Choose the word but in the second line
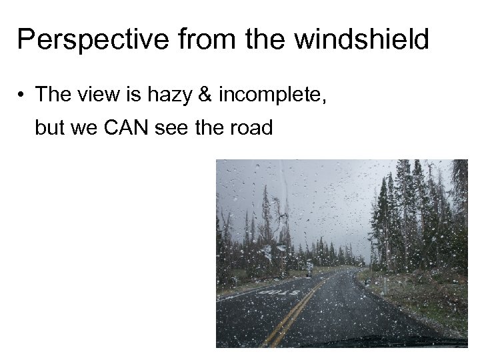point(48,127)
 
